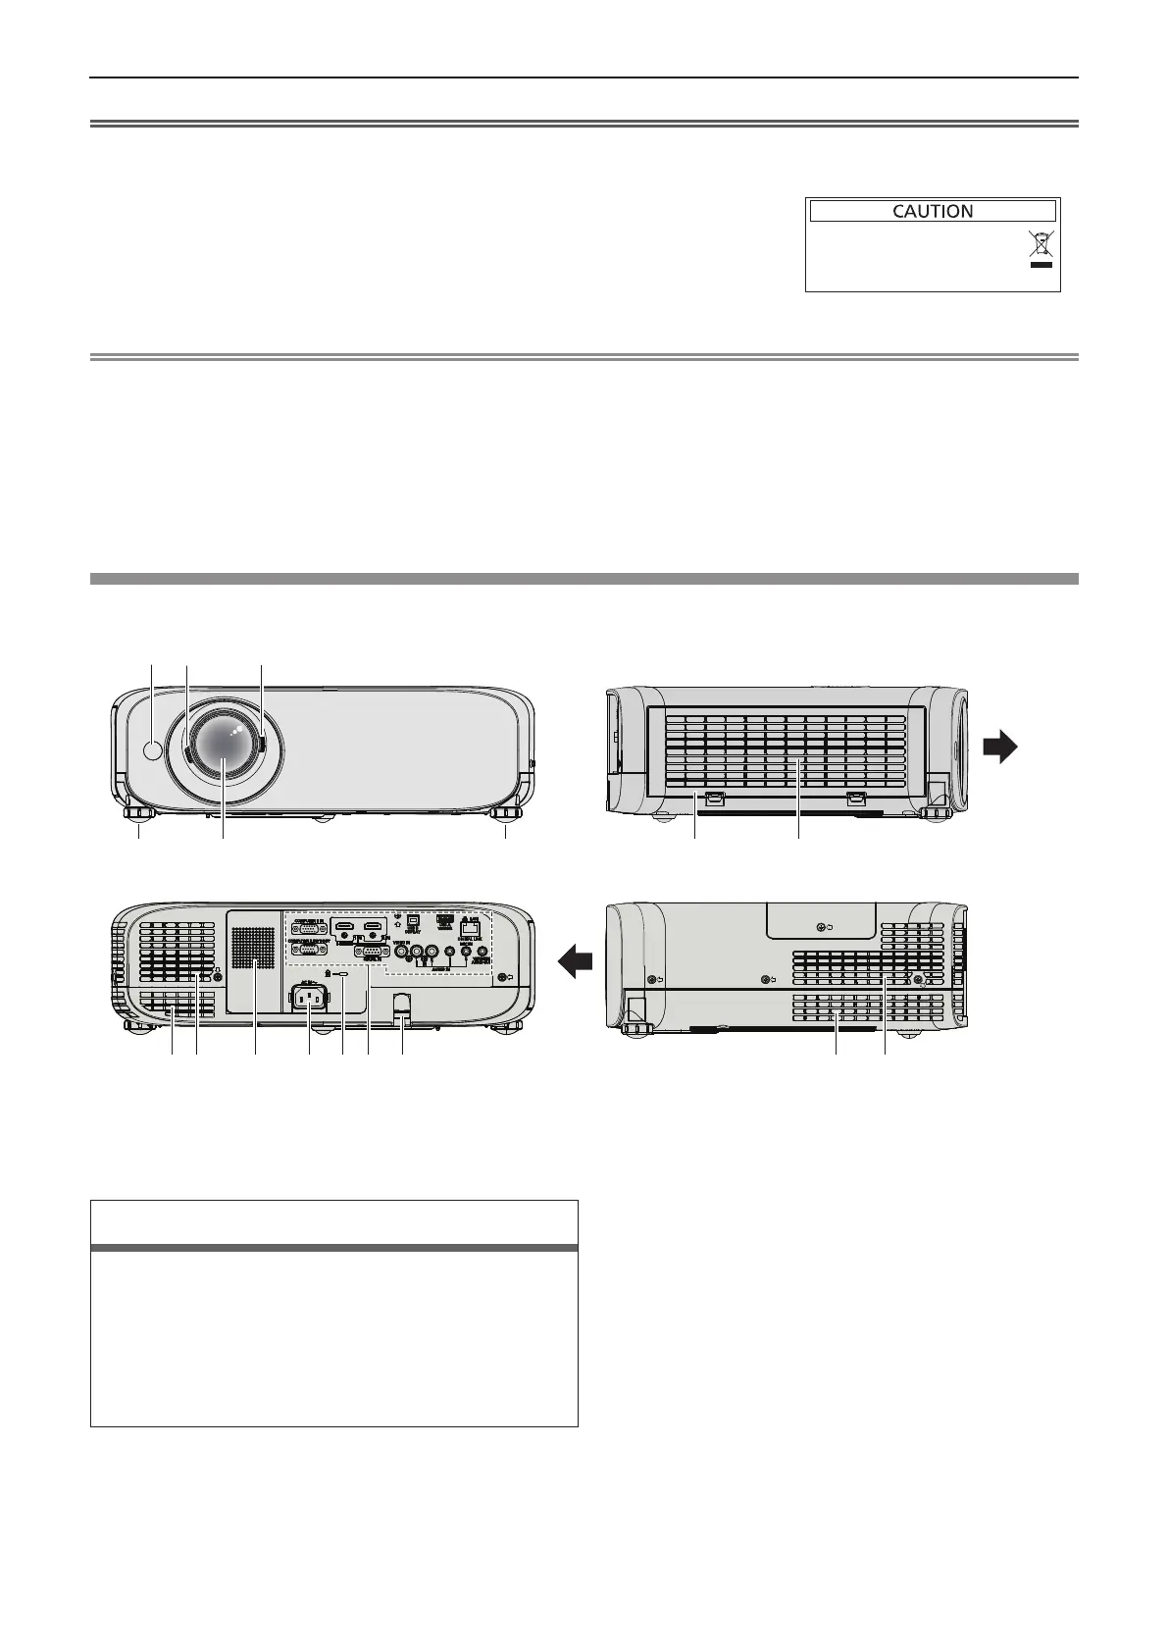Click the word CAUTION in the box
pyautogui.click(x=932, y=211)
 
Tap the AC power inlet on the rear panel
pyautogui.click(x=310, y=1001)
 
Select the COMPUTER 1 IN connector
pyautogui.click(x=310, y=929)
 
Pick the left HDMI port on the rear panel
pyautogui.click(x=344, y=927)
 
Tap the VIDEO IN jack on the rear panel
pyautogui.click(x=401, y=950)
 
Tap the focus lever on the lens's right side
pyautogui.click(x=262, y=744)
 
